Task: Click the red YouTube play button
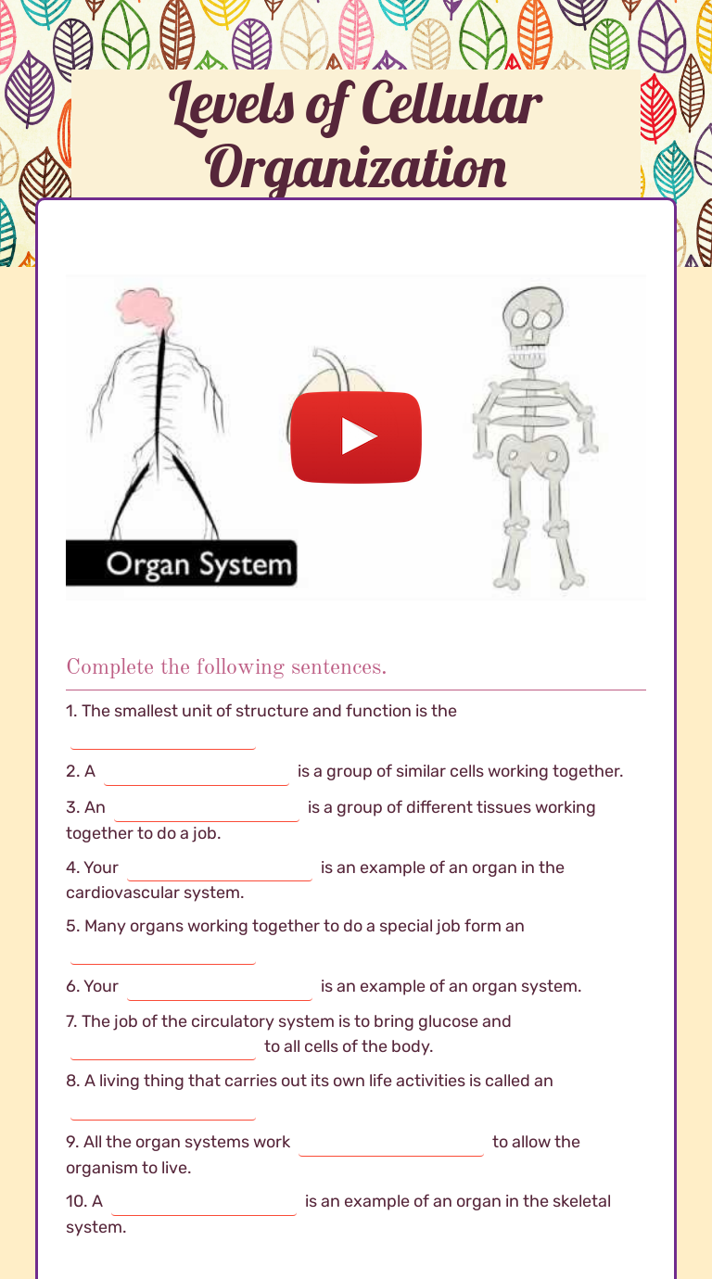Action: (356, 437)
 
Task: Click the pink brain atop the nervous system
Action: (146, 309)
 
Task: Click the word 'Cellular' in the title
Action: (451, 104)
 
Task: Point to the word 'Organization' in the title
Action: (356, 167)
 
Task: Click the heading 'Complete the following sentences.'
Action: (226, 667)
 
